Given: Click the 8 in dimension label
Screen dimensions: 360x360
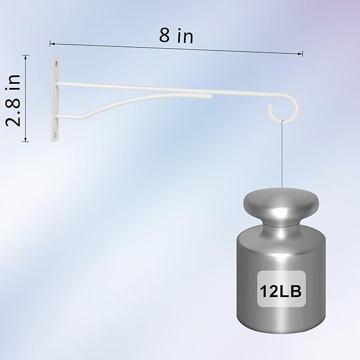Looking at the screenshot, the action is (x=176, y=36).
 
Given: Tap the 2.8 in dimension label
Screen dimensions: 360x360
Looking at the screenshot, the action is (x=14, y=100).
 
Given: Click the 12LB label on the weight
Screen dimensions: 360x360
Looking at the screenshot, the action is (x=280, y=292).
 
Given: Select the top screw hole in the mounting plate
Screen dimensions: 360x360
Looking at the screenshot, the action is (x=56, y=64).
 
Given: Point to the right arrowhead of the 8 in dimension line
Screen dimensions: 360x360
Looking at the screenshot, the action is (x=300, y=54).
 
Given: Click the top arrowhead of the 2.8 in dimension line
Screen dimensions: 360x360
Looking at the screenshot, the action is (x=25, y=57).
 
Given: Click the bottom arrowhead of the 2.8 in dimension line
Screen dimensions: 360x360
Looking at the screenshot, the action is (x=25, y=139).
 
